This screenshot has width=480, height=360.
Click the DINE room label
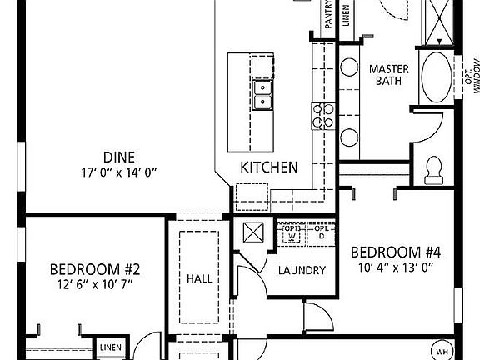coord(120,156)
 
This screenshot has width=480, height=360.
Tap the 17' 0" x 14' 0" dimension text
coord(120,172)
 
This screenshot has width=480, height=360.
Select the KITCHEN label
coord(268,167)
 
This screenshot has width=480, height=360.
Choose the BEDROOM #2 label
coord(93,269)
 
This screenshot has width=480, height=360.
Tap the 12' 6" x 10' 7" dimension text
coord(93,284)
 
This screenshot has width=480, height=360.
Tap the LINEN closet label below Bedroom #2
coord(109,347)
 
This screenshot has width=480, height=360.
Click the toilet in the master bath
coord(432,169)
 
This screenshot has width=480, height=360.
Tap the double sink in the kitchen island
coord(262,94)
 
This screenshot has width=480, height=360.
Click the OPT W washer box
coord(291,233)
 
